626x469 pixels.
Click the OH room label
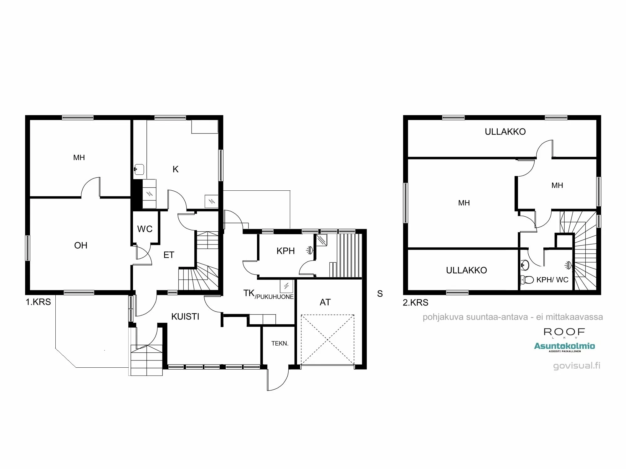[x=81, y=245]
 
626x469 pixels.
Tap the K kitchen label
[x=176, y=169]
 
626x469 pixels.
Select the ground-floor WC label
[x=145, y=229]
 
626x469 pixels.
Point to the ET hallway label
[x=169, y=255]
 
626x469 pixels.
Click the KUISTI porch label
[x=185, y=316]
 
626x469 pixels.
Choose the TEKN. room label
[x=280, y=343]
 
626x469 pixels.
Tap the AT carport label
[x=325, y=302]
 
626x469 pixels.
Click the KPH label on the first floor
[x=285, y=251]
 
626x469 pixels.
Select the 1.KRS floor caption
[x=38, y=302]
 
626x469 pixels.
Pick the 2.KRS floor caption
[x=415, y=302]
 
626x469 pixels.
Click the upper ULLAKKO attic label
[x=505, y=132]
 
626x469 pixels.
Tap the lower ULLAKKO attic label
[x=466, y=270]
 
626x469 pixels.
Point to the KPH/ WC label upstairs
[x=552, y=280]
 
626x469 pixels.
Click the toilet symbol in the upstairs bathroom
[x=527, y=280]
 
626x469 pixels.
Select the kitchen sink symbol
[x=139, y=169]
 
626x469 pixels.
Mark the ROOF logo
[x=564, y=332]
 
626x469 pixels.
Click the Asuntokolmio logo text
[x=564, y=346]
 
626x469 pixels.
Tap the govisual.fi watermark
[x=577, y=366]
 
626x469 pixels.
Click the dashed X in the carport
[x=327, y=340]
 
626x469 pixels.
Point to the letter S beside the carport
[x=380, y=294]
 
